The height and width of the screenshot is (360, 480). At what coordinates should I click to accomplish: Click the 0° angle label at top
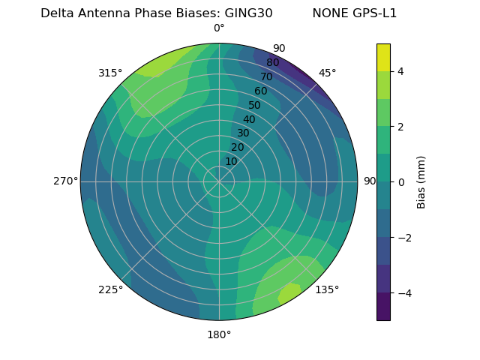pyautogui.click(x=219, y=28)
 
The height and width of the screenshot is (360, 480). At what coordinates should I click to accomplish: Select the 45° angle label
pyautogui.click(x=327, y=73)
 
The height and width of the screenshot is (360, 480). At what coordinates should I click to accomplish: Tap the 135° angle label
pyautogui.click(x=327, y=289)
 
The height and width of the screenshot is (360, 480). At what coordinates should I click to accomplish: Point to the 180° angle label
pyautogui.click(x=219, y=334)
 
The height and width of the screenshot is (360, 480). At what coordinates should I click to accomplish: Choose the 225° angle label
pyautogui.click(x=110, y=289)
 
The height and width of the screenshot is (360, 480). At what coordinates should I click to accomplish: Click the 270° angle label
pyautogui.click(x=65, y=181)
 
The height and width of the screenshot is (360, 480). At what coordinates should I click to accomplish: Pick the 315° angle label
pyautogui.click(x=110, y=73)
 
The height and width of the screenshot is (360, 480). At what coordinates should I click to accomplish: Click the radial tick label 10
pyautogui.click(x=231, y=161)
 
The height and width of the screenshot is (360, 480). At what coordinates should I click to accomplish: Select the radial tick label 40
pyautogui.click(x=249, y=119)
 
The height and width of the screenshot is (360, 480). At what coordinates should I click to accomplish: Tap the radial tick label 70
pyautogui.click(x=266, y=76)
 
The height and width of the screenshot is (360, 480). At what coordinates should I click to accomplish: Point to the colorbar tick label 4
pyautogui.click(x=401, y=71)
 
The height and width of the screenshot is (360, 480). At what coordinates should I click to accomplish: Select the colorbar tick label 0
pyautogui.click(x=401, y=182)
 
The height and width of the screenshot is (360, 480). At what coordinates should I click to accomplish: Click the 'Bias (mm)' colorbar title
pyautogui.click(x=421, y=182)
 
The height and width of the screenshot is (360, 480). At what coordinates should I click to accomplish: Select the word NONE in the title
pyautogui.click(x=326, y=13)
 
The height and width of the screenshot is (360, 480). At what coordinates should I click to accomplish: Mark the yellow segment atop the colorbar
pyautogui.click(x=383, y=57)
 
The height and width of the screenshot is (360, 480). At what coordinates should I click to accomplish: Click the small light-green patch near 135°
pyautogui.click(x=289, y=292)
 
